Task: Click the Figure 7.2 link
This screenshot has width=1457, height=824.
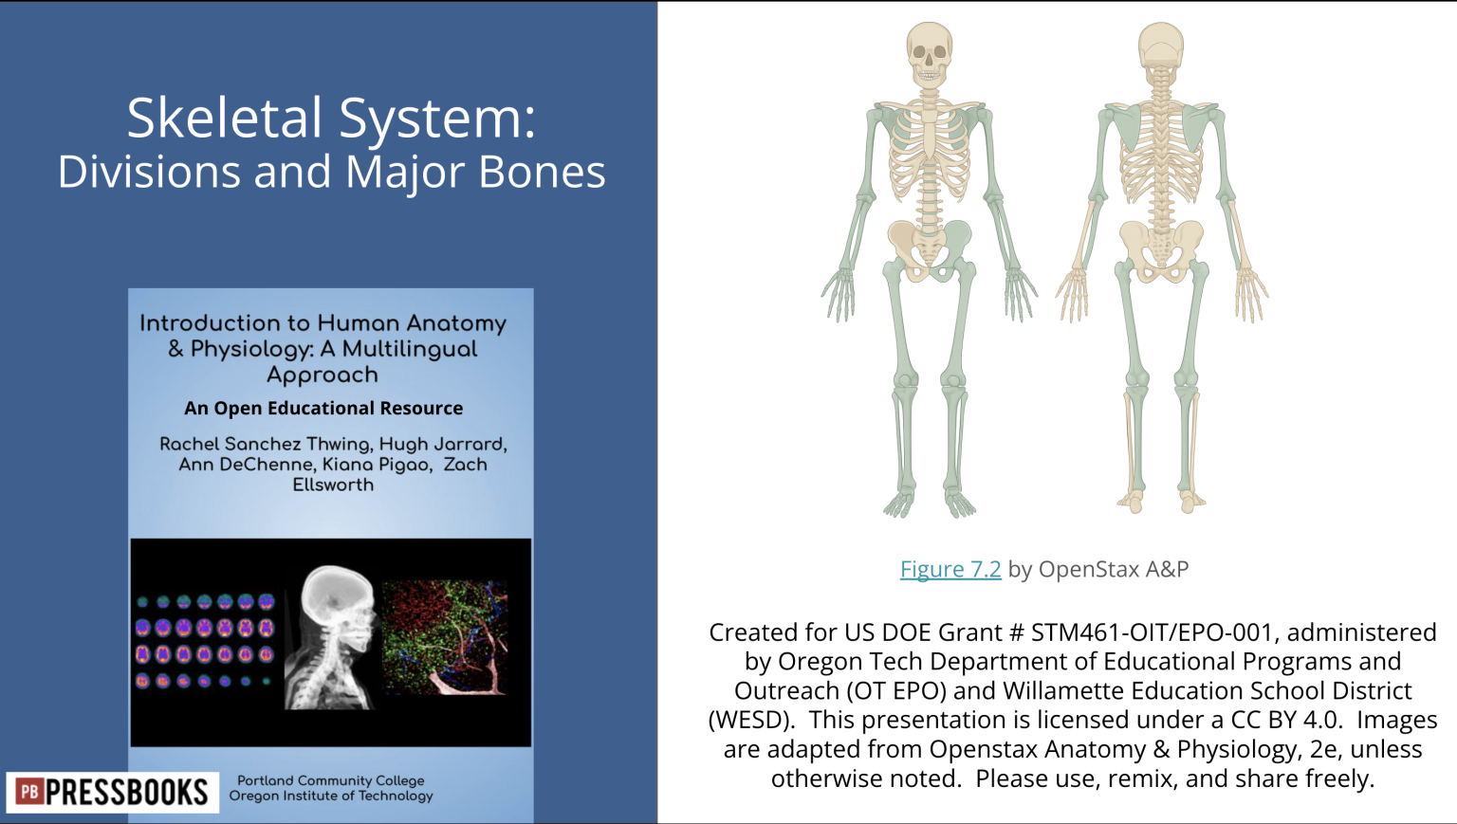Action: pos(950,569)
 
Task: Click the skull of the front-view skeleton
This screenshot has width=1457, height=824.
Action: pos(929,53)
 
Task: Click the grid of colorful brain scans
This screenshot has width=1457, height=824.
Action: pos(204,641)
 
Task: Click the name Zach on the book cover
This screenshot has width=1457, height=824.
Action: pos(465,465)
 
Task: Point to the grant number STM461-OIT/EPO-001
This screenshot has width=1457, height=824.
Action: pos(1151,632)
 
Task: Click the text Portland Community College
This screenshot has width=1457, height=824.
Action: pos(330,780)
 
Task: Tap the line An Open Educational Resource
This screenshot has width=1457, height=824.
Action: pos(323,408)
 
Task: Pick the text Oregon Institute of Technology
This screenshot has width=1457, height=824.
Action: pos(330,796)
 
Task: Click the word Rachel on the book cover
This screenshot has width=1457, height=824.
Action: pos(189,444)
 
